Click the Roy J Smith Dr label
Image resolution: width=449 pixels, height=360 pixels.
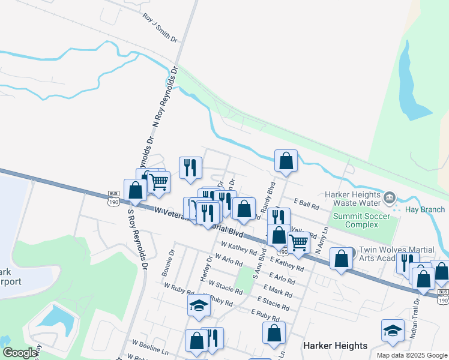click(160, 28)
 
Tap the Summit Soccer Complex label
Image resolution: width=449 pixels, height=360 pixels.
click(356, 220)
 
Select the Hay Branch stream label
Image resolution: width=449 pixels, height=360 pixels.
click(425, 209)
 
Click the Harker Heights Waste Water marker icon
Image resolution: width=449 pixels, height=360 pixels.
click(390, 197)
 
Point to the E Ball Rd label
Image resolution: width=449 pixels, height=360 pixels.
click(306, 205)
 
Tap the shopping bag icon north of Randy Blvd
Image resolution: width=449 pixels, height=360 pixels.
click(286, 160)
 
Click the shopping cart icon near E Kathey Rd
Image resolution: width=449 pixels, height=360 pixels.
click(298, 242)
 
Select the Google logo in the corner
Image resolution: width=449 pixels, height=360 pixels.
click(20, 353)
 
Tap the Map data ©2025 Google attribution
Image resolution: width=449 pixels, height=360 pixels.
click(412, 355)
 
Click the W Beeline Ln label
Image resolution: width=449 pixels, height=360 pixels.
click(151, 348)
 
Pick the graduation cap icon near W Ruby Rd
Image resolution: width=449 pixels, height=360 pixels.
click(199, 305)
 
